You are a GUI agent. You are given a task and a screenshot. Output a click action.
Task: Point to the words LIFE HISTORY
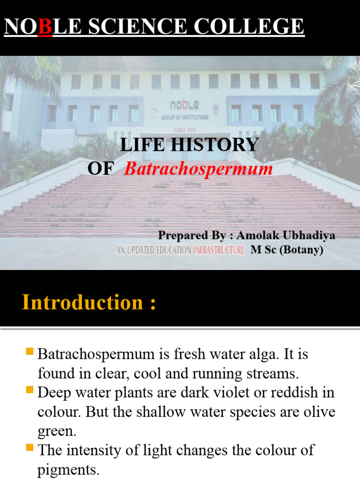click(x=189, y=145)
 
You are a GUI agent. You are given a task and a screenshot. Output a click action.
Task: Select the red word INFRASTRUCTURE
click(x=219, y=250)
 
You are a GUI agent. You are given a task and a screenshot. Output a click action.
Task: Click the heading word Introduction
click(x=82, y=302)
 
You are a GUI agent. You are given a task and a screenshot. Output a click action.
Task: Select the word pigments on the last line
click(x=68, y=470)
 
